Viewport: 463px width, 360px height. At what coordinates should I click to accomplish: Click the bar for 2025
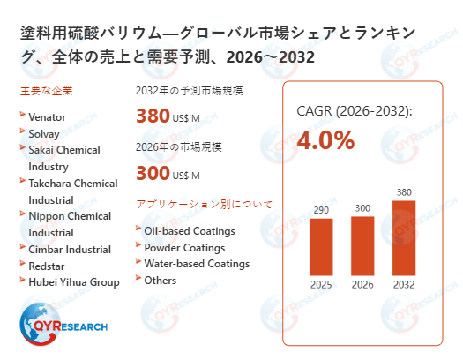click(x=320, y=247)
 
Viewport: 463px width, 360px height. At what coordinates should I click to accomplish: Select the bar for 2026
click(x=362, y=246)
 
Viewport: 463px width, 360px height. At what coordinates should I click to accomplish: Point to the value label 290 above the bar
click(x=320, y=210)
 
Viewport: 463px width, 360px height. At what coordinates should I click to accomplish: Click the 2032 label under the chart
click(x=403, y=285)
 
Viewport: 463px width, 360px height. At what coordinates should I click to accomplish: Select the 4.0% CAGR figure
click(x=325, y=139)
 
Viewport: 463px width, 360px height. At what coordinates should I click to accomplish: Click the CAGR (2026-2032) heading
click(x=353, y=111)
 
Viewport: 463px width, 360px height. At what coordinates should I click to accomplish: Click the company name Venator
click(x=47, y=115)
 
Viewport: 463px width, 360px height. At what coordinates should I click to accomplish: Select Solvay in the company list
click(x=43, y=131)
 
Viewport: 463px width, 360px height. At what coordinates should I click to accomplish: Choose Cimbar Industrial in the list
click(x=68, y=248)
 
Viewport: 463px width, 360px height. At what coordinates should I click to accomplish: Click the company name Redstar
click(x=46, y=265)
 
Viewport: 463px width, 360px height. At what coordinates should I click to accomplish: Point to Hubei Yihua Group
click(x=73, y=281)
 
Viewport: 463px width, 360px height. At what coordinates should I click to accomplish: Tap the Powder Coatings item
click(x=184, y=247)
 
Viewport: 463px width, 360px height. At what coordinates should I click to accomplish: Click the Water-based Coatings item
click(x=197, y=264)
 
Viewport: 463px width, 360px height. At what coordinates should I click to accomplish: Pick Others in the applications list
click(x=160, y=281)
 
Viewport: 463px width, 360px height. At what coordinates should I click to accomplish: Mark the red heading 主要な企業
click(x=45, y=90)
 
